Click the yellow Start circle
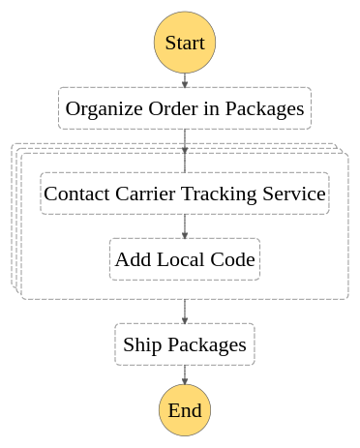[185, 43]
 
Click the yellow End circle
[185, 409]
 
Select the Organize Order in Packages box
[185, 108]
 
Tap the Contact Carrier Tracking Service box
[185, 194]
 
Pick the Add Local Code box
[185, 259]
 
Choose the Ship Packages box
[185, 344]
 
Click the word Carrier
[148, 194]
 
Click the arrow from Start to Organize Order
[185, 80]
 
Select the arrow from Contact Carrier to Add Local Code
[185, 226]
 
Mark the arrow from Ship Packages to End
[185, 377]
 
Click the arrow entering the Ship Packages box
[185, 312]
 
